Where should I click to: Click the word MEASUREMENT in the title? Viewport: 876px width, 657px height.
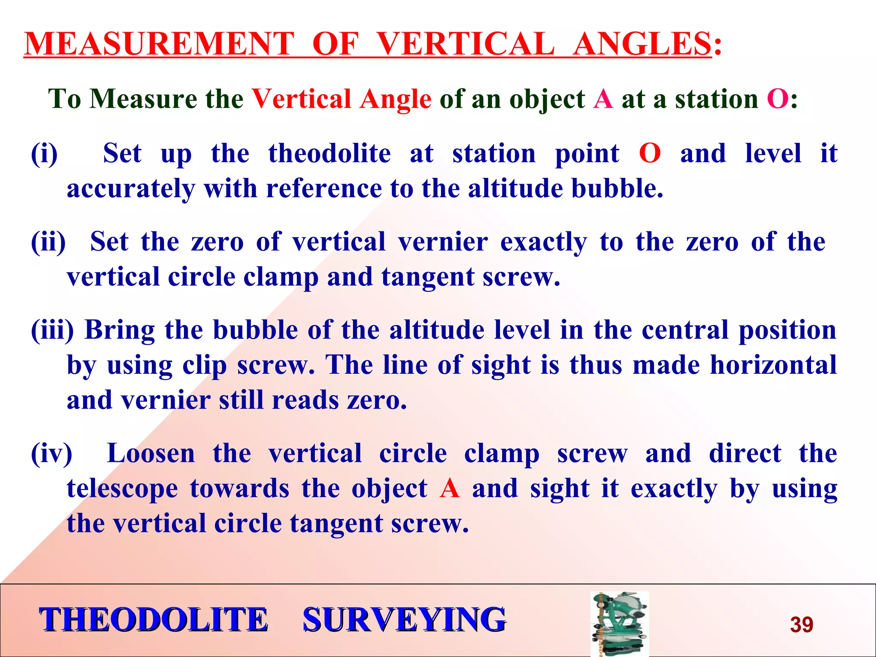pyautogui.click(x=159, y=44)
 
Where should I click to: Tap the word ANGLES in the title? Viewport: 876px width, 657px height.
pyautogui.click(x=642, y=44)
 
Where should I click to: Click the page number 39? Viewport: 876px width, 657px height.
pyautogui.click(x=801, y=624)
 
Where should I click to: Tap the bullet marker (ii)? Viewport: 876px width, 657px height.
pyautogui.click(x=48, y=242)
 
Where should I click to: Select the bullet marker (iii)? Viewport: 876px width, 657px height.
pyautogui.click(x=53, y=331)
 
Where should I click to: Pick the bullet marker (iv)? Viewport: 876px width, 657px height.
pyautogui.click(x=52, y=454)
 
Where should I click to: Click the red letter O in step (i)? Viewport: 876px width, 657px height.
pyautogui.click(x=650, y=154)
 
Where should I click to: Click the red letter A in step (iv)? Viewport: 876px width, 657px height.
pyautogui.click(x=450, y=488)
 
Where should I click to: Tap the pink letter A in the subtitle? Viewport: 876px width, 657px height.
pyautogui.click(x=603, y=99)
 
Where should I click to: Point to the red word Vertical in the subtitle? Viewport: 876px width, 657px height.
pyautogui.click(x=302, y=99)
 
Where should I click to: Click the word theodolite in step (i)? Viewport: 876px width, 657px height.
pyautogui.click(x=329, y=154)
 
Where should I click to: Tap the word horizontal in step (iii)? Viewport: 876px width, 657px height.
pyautogui.click(x=773, y=365)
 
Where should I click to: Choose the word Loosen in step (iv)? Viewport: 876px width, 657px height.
pyautogui.click(x=151, y=454)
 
